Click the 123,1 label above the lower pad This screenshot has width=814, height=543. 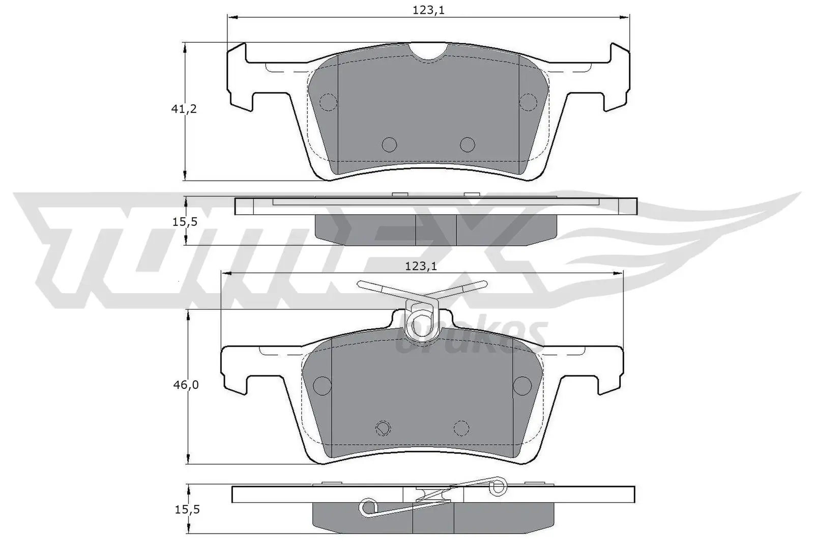(421, 266)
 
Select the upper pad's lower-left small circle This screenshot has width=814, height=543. (389, 145)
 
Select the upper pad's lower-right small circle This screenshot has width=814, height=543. (467, 145)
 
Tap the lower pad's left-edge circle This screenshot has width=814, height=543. (323, 385)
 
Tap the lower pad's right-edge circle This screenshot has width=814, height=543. (522, 385)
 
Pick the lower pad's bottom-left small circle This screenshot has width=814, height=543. (383, 428)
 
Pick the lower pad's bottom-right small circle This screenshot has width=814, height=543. (461, 428)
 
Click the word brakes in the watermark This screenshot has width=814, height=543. (471, 336)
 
